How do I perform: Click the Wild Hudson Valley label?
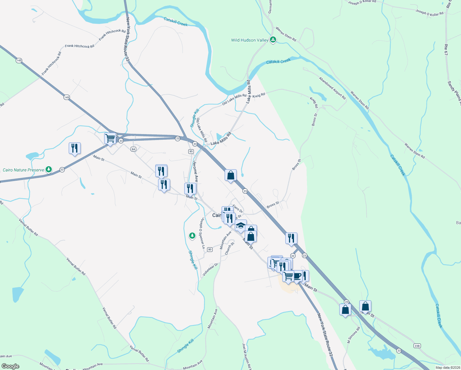pos(250,40)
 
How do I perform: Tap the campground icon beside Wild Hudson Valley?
pos(273,40)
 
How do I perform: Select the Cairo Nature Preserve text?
pos(23,170)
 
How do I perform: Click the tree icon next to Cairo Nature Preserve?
pos(48,169)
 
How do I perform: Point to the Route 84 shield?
pos(133,149)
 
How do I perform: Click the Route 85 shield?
pos(191,151)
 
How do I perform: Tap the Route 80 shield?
pos(210,249)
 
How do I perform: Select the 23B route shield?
pos(417,346)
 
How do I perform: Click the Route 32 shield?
pos(293,256)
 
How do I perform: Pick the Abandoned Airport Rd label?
pos(332,88)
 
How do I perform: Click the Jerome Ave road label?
pos(196,171)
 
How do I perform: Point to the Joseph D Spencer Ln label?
pos(202,233)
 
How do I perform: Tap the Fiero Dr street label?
pos(238,209)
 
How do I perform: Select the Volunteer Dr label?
pos(210,269)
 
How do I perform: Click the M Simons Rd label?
pos(353,335)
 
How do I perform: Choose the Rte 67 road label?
pos(446,50)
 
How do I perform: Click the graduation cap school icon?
pos(241,225)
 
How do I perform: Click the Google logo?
pos(10,366)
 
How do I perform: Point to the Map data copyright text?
pos(447,368)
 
